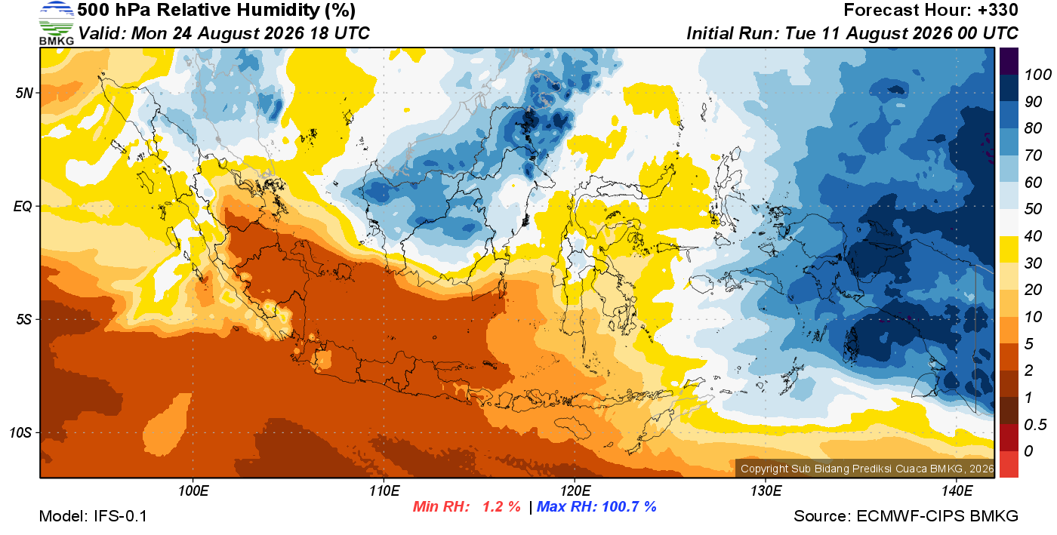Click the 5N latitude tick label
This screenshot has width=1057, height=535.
pos(24,93)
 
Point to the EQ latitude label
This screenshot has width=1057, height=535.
pos(23,207)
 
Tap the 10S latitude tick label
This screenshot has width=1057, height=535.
pos(21,432)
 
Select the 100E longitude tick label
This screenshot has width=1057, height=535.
pos(193,490)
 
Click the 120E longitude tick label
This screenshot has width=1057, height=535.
pos(575,490)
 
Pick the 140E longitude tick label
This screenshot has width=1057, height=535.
pos(957,490)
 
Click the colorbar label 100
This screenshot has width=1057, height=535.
pos(1037,75)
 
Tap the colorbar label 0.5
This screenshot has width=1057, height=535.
pos(1035,425)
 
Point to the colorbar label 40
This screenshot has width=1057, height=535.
pos(1033,236)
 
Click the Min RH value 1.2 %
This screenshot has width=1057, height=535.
pos(501,506)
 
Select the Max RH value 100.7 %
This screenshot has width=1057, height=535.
pos(629,506)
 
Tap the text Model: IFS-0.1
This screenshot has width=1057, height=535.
pos(93,516)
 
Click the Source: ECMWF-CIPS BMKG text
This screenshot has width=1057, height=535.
pos(906,516)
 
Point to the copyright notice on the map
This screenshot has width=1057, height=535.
pos(867,469)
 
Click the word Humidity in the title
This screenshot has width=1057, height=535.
pos(278,11)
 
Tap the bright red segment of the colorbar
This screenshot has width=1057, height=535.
pos(1009,464)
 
